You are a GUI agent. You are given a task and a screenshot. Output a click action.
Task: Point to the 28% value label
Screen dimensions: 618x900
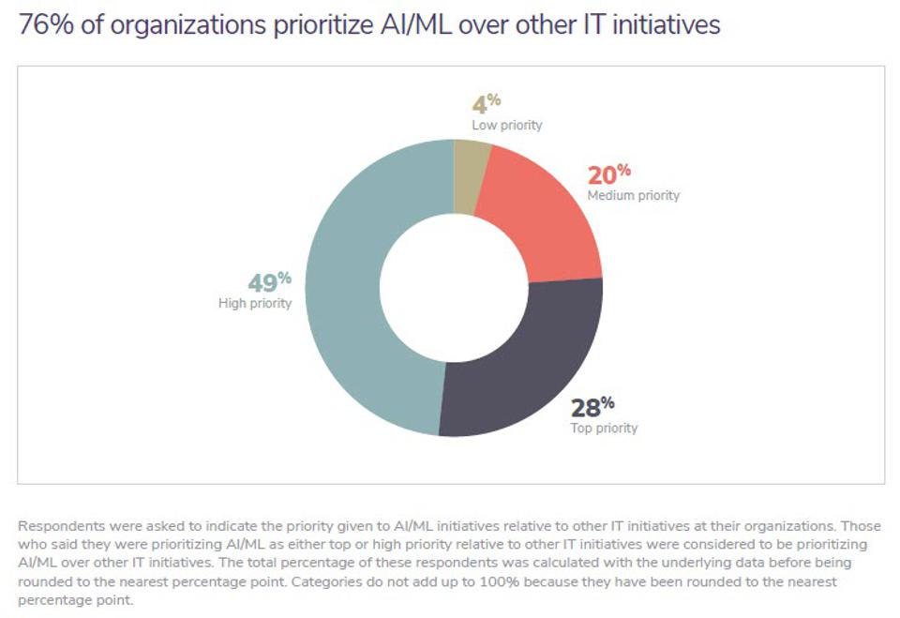[x=592, y=407]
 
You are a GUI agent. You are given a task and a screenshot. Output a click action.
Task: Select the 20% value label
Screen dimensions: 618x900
[x=608, y=174]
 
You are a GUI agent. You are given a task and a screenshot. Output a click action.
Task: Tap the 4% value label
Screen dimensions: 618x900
[x=487, y=102]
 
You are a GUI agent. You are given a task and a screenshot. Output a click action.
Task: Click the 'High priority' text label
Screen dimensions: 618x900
[x=255, y=303]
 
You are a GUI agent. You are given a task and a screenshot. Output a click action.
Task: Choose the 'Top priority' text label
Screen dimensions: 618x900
[x=604, y=429]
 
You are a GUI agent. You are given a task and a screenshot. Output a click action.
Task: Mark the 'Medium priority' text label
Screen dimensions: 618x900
[x=633, y=196]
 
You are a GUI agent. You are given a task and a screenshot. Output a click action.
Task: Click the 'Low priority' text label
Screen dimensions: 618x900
[x=507, y=125]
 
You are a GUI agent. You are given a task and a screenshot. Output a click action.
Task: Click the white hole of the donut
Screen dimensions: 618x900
[x=453, y=287]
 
